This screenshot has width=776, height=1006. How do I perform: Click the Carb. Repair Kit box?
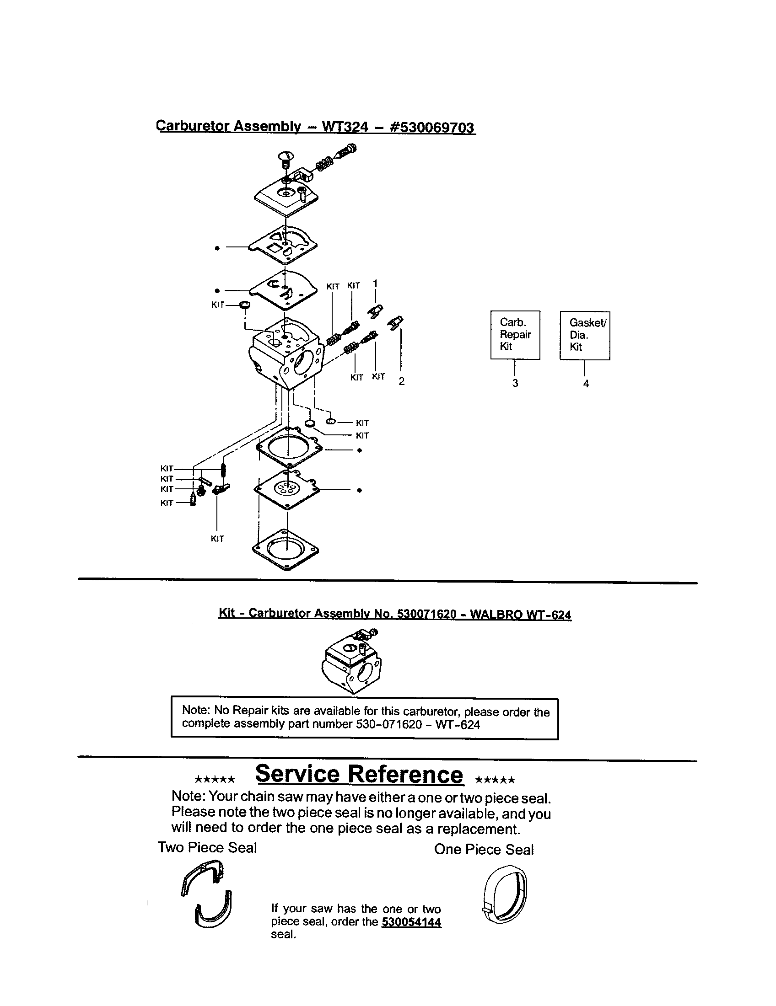pyautogui.click(x=515, y=335)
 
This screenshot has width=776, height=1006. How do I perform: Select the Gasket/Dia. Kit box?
pyautogui.click(x=585, y=335)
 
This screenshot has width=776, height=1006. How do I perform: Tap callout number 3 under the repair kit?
pyautogui.click(x=515, y=383)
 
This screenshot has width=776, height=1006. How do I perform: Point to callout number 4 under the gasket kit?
pyautogui.click(x=586, y=384)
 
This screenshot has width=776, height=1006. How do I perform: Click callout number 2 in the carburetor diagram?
pyautogui.click(x=401, y=381)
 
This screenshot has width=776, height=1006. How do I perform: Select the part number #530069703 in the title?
pyautogui.click(x=432, y=128)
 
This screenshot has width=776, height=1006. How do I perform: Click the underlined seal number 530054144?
pyautogui.click(x=411, y=922)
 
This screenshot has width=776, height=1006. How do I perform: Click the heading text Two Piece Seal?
pyautogui.click(x=207, y=847)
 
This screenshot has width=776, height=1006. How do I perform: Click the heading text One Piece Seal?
pyautogui.click(x=483, y=850)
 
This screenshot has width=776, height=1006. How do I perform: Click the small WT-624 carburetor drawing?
pyautogui.click(x=353, y=662)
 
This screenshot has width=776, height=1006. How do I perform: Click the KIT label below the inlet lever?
pyautogui.click(x=217, y=539)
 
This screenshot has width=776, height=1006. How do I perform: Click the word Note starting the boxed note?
pyautogui.click(x=196, y=710)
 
